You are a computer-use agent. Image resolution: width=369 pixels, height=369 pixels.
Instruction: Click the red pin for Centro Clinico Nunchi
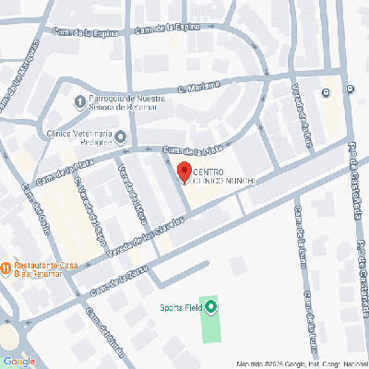pyautogui.click(x=184, y=172)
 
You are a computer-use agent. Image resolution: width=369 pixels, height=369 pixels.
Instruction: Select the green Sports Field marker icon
pyautogui.click(x=211, y=307)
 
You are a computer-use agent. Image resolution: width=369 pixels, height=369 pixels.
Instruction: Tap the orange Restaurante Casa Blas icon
pyautogui.click(x=6, y=268)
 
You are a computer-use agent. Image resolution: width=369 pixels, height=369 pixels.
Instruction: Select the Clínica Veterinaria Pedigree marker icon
pyautogui.click(x=121, y=138)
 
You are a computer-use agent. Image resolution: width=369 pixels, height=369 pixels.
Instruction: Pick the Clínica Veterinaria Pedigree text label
pyautogui.click(x=78, y=137)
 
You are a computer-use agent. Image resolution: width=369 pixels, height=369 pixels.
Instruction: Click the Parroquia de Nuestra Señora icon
pyautogui.click(x=79, y=101)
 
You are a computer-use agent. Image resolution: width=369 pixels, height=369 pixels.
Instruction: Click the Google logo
pyautogui.click(x=18, y=361)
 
